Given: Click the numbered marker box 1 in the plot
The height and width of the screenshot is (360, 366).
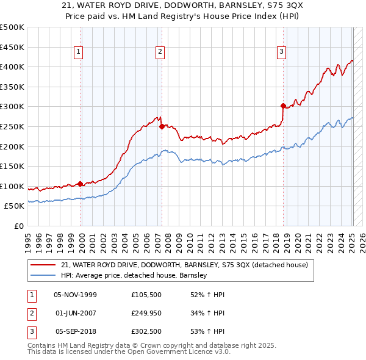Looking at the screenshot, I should click(79, 52).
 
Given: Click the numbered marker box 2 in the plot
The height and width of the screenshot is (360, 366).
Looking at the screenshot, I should click(159, 52).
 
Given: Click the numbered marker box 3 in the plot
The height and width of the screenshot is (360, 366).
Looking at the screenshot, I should click(281, 52).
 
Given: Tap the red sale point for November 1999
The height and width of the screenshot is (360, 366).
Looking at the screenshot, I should click(81, 184).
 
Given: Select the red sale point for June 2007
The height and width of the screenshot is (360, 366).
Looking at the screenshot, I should click(162, 127).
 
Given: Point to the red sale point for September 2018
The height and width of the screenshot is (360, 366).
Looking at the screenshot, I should click(283, 106).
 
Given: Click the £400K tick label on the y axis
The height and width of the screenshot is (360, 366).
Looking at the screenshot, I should click(12, 67).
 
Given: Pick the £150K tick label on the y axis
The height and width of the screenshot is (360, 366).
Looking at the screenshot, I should click(12, 166).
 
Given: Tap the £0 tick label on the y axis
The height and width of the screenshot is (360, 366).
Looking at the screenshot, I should click(18, 226).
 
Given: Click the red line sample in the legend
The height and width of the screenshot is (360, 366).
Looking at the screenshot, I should click(43, 265).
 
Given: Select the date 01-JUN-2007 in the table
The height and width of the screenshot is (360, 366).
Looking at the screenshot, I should click(75, 313).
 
